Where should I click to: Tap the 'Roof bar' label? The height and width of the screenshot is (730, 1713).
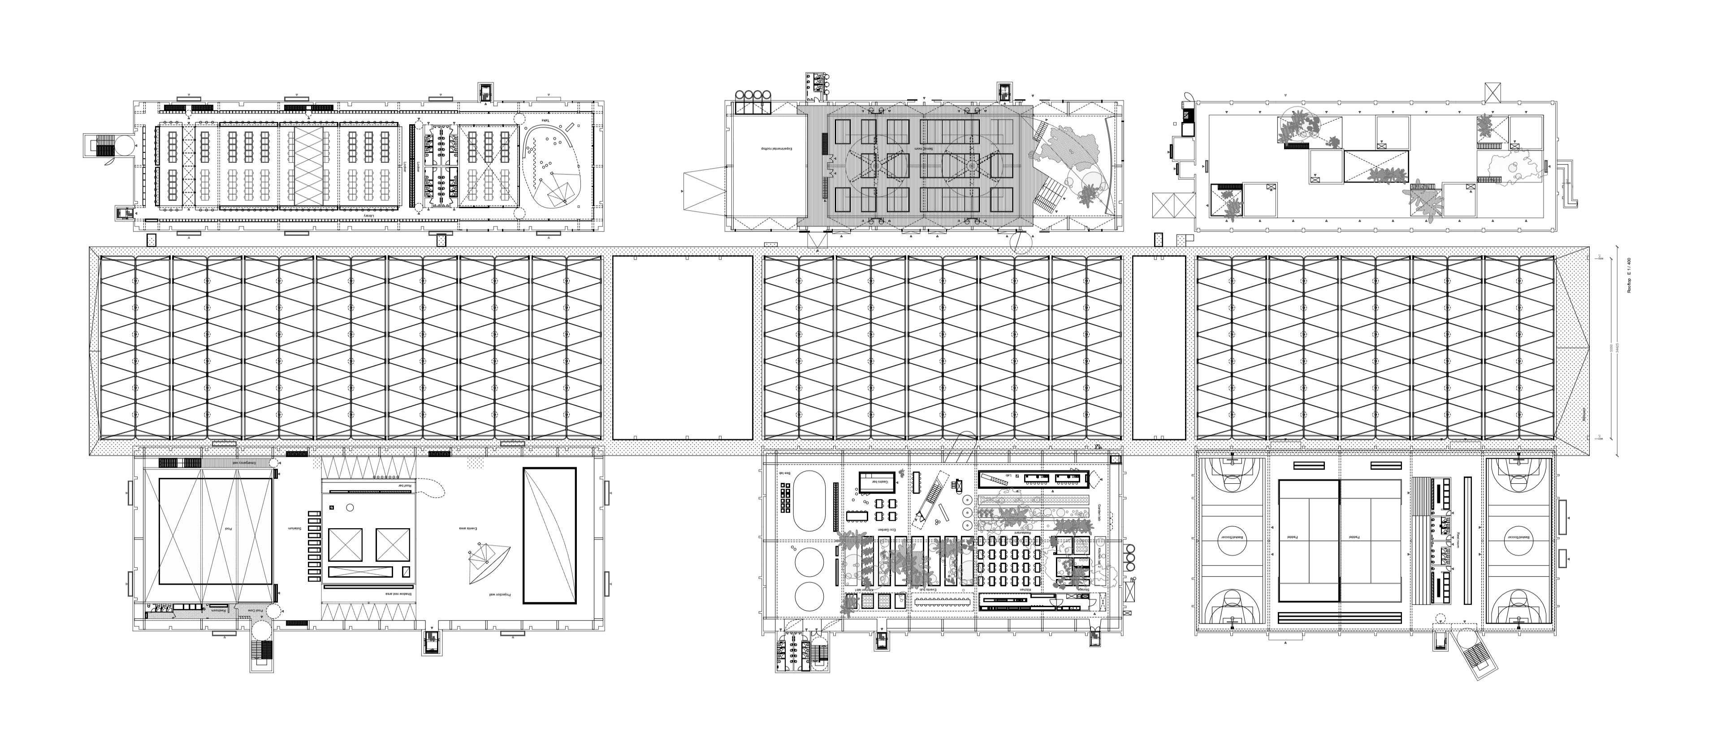[x=405, y=486]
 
